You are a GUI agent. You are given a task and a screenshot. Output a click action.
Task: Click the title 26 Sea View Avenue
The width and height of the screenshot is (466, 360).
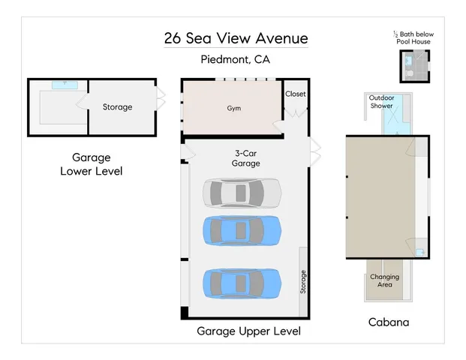(236, 38)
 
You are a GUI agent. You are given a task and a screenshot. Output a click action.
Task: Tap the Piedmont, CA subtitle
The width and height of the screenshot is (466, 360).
(236, 60)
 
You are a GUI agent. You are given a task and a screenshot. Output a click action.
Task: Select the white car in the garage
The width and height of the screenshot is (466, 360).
(241, 193)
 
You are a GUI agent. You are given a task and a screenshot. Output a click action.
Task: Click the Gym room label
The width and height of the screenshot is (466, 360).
(234, 108)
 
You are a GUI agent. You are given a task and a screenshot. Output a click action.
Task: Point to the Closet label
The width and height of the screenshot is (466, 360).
(296, 94)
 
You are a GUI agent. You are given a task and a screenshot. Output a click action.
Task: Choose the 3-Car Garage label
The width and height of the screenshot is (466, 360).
(245, 158)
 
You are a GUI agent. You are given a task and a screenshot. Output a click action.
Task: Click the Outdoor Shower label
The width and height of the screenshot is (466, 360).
(381, 102)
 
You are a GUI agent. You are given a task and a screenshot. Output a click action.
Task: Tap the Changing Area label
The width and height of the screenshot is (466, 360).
(384, 281)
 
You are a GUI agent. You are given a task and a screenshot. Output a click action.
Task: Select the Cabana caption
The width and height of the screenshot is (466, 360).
(388, 322)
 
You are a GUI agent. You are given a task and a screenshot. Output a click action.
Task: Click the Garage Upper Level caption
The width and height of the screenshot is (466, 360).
(248, 331)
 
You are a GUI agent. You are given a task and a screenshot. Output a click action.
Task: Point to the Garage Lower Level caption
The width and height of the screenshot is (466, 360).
(91, 164)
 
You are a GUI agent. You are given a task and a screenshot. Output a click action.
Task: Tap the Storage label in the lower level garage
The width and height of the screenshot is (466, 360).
(117, 107)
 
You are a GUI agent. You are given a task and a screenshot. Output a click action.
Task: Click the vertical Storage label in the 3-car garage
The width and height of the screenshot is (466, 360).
(303, 281)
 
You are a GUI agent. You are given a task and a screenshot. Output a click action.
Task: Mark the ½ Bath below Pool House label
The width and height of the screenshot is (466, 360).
(413, 37)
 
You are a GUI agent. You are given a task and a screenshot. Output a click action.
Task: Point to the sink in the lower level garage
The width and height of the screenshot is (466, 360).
(64, 85)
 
